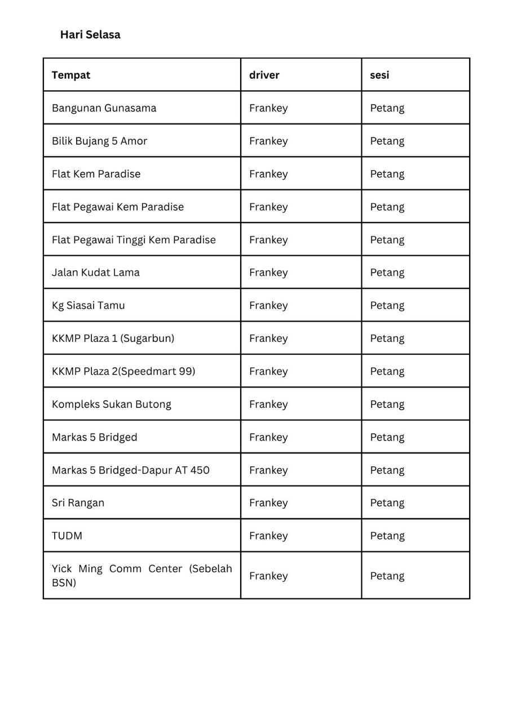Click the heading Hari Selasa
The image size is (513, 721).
[x=90, y=34]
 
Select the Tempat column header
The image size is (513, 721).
[x=71, y=75]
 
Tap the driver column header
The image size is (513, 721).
[x=264, y=75]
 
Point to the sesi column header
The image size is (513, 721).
[x=379, y=75]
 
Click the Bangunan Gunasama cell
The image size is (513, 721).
[x=104, y=108]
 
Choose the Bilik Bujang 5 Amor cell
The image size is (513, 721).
[x=100, y=141]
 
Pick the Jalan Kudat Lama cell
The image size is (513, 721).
[x=96, y=272]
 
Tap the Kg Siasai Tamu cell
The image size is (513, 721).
[x=89, y=305]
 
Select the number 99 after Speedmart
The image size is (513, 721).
[x=185, y=371]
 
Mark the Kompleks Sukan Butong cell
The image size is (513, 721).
[x=112, y=404]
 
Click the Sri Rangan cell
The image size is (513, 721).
[x=78, y=502]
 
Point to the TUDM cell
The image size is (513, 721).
[x=67, y=536]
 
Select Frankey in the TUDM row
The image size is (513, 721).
[x=268, y=536]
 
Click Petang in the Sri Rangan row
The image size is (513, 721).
[x=387, y=502]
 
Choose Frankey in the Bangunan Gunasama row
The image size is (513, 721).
[x=268, y=108]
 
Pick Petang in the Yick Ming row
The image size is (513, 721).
[x=387, y=576]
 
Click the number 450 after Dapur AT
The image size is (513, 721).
[x=200, y=470]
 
